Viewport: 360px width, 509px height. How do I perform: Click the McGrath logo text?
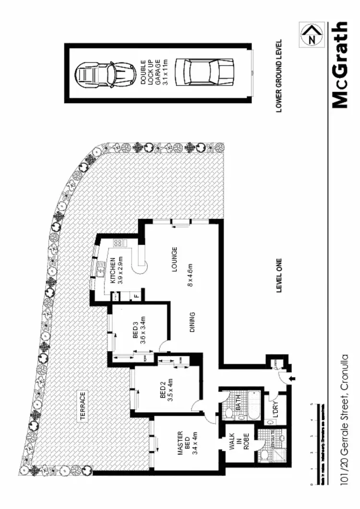pyautogui.click(x=339, y=65)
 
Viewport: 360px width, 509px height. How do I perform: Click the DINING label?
pyautogui.click(x=192, y=322)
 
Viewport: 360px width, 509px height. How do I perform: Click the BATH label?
pyautogui.click(x=238, y=402)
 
